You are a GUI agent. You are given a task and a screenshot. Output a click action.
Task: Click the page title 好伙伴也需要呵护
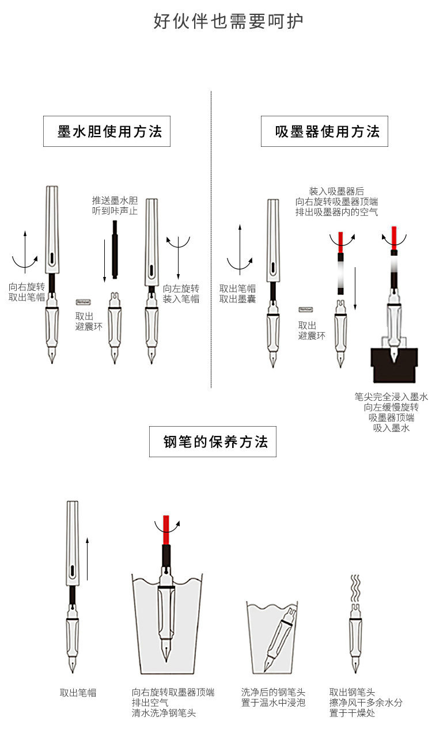click(x=228, y=21)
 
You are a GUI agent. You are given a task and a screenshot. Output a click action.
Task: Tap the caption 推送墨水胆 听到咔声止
click(x=115, y=206)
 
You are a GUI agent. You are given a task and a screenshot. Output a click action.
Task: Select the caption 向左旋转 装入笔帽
click(x=181, y=293)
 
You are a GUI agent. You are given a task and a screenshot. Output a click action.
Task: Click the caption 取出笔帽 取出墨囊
click(x=237, y=293)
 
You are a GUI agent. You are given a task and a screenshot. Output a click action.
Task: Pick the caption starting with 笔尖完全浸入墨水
click(x=391, y=412)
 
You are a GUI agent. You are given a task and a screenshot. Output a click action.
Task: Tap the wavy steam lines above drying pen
click(x=355, y=587)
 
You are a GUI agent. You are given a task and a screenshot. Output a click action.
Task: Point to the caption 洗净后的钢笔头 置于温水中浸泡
click(x=273, y=697)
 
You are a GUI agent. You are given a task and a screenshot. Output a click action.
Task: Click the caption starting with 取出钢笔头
click(x=365, y=703)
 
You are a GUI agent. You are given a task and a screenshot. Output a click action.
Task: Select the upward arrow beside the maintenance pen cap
click(x=87, y=558)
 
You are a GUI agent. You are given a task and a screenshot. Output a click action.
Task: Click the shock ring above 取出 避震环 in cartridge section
click(x=83, y=301)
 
